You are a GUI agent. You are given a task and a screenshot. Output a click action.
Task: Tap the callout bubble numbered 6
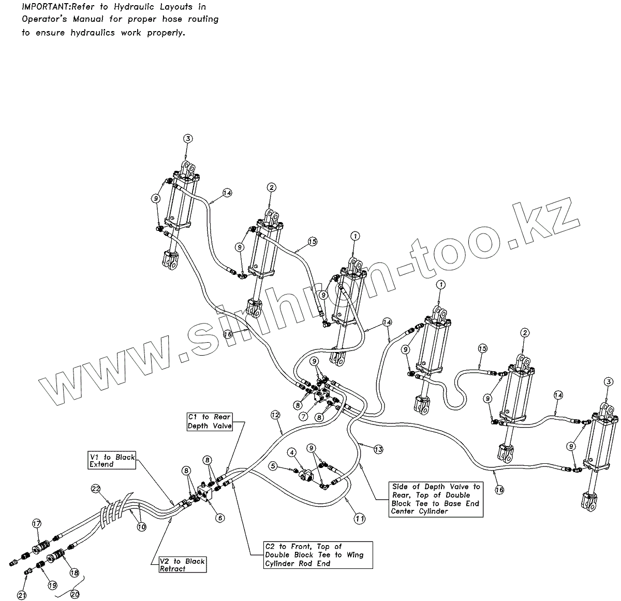(220, 517)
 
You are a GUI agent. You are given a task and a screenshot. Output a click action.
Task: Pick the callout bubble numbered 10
(142, 527)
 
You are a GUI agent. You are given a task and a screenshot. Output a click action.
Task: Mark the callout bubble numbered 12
(275, 415)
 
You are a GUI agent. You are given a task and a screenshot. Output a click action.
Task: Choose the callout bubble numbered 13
(379, 449)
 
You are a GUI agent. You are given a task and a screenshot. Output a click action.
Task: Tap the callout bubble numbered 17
(36, 523)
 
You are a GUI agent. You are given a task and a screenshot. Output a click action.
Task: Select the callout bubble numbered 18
(75, 573)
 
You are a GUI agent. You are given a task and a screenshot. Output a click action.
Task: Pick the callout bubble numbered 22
(95, 489)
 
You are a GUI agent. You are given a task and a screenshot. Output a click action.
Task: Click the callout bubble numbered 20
(75, 594)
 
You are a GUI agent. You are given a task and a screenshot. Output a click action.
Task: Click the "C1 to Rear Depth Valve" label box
(210, 421)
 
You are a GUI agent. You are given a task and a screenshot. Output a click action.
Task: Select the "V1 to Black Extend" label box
(111, 461)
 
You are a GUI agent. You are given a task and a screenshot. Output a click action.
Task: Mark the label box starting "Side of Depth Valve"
(435, 499)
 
